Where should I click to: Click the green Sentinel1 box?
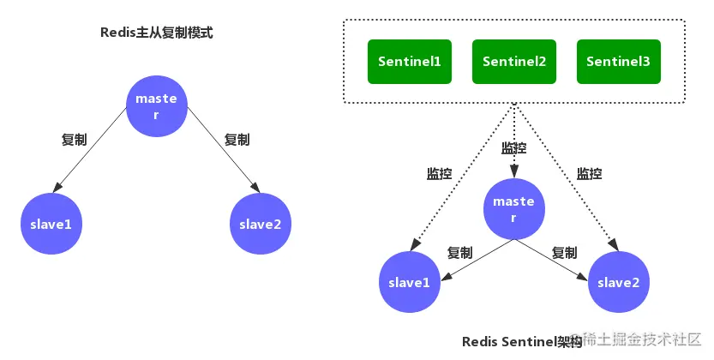(x=410, y=62)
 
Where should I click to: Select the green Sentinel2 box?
(x=514, y=62)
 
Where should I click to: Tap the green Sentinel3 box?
(x=618, y=62)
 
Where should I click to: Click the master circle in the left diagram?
(x=157, y=106)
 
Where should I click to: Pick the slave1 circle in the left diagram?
(x=51, y=224)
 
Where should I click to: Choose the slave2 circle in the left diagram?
(x=260, y=224)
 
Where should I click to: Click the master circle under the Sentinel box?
(x=514, y=209)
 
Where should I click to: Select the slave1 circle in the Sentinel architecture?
(x=410, y=282)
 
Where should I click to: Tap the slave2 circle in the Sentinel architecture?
(x=618, y=282)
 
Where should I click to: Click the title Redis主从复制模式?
(x=157, y=33)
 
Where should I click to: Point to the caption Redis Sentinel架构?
(x=522, y=341)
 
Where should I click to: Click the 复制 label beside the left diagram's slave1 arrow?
(x=75, y=139)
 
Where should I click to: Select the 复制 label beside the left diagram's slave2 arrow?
(x=237, y=139)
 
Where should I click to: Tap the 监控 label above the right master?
(x=514, y=148)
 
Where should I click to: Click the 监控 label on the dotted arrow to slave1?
(x=440, y=173)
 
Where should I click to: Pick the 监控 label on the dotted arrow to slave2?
(x=589, y=173)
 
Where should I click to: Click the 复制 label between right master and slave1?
(x=460, y=253)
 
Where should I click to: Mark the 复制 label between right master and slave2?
(x=565, y=253)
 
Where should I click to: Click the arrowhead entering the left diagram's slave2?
(x=255, y=187)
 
